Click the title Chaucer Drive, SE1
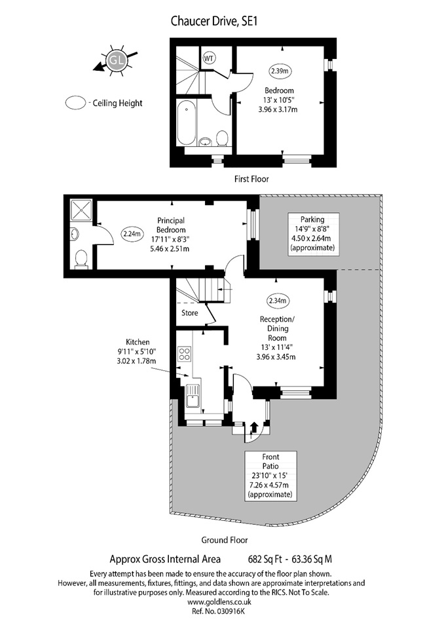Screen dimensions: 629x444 [214, 21]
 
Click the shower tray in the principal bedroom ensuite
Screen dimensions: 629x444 [82, 210]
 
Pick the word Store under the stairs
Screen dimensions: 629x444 [190, 313]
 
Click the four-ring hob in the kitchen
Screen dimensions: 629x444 [185, 354]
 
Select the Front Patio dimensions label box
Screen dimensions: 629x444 [270, 476]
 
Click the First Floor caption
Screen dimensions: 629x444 [251, 179]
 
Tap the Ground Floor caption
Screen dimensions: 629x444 [225, 541]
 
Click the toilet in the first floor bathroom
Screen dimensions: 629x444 [222, 138]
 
